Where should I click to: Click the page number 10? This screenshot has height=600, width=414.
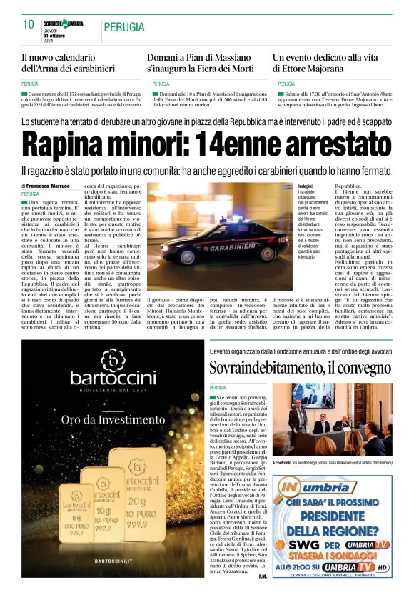coord(29,25)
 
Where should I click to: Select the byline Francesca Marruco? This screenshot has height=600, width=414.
coord(50,186)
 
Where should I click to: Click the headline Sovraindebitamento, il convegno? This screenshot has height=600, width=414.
coord(300,369)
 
